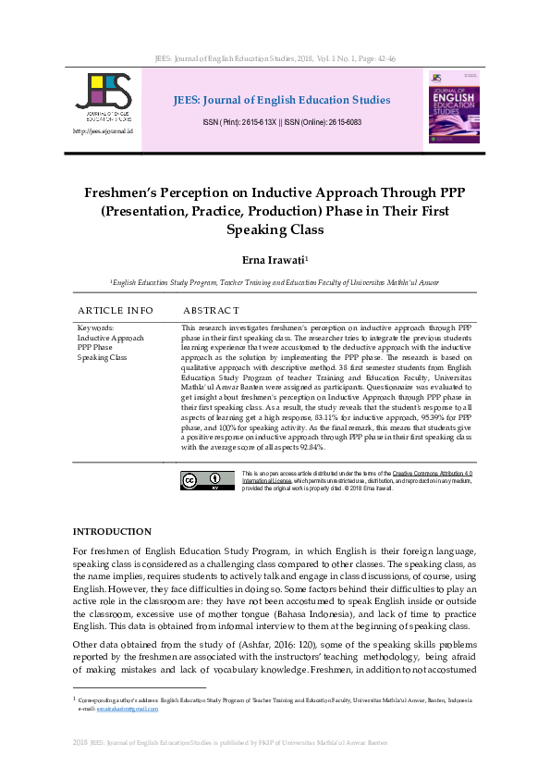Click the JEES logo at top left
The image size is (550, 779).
[102, 97]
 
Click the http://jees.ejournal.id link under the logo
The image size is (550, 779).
[102, 131]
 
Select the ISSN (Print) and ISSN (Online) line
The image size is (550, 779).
[282, 122]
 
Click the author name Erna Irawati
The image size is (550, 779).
[273, 261]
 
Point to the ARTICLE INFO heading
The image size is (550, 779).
[116, 310]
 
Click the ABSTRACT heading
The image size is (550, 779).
[212, 310]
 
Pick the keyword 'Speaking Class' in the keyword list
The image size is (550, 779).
[102, 357]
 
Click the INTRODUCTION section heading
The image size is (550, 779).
[111, 531]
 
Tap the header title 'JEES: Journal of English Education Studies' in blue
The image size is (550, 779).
[282, 100]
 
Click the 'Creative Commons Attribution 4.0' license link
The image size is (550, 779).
[432, 474]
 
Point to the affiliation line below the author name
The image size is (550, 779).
[275, 282]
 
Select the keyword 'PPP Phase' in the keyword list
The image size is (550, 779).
[95, 347]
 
